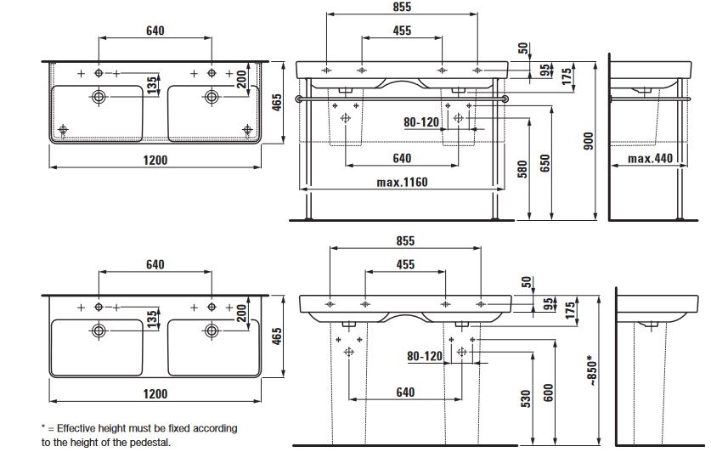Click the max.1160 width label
coord(402,182)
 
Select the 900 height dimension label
coord(585,144)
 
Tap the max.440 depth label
coord(651,159)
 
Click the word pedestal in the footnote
coord(148,443)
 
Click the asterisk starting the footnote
coord(43,427)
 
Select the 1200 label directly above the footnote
coord(155,393)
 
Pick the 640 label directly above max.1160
coord(402,159)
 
